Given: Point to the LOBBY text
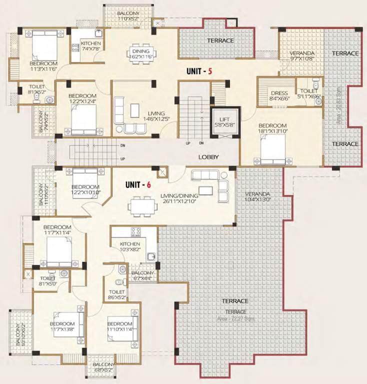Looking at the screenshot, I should [208, 157].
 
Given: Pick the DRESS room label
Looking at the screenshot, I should [279, 96].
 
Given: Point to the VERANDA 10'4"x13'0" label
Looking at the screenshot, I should [257, 196].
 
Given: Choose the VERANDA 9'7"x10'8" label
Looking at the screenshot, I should [302, 55].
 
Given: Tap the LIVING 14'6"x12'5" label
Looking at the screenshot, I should [155, 115].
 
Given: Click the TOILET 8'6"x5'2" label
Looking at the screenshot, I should [117, 294].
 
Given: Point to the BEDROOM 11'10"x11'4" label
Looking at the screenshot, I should [120, 326].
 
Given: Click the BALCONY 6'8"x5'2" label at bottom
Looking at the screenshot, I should [101, 367].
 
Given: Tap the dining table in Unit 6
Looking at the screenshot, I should [140, 205].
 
